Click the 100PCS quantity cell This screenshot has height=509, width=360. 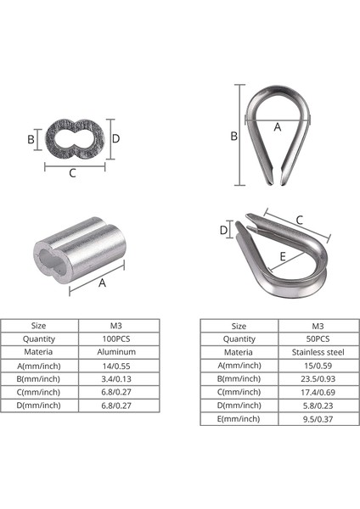118,338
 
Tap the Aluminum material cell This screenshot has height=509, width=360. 118,351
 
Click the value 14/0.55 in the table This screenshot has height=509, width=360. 118,365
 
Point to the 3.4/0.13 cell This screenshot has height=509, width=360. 118,378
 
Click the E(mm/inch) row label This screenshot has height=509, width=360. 239,419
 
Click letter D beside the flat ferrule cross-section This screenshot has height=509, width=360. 116,137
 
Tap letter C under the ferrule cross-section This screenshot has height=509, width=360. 73,174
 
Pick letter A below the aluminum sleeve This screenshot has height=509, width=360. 103,283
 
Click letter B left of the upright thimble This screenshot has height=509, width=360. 233,135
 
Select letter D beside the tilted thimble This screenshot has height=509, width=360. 224,230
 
